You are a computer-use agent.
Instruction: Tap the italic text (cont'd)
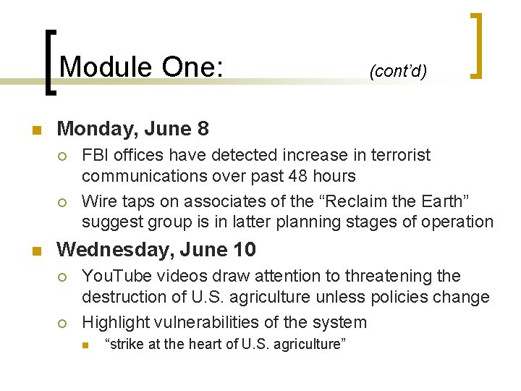(398, 71)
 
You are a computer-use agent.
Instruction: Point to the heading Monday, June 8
(132, 129)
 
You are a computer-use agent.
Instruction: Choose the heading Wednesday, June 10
(156, 250)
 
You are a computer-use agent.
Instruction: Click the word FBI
(96, 155)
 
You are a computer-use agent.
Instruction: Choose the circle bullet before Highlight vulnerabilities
(63, 323)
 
